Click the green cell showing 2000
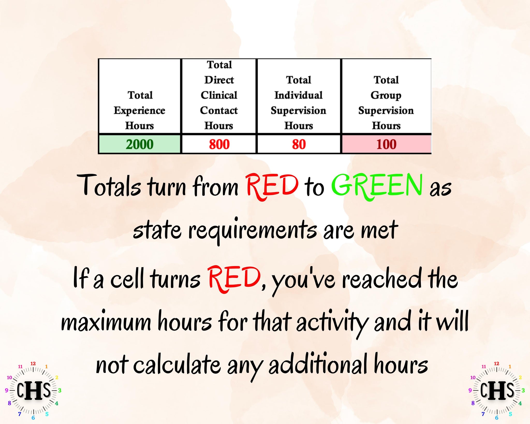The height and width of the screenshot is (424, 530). click(139, 144)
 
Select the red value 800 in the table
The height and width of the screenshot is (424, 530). click(219, 144)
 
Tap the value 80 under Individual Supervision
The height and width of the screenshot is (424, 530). click(299, 144)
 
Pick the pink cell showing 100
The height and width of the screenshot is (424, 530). click(387, 144)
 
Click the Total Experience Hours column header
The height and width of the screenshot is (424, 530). click(139, 110)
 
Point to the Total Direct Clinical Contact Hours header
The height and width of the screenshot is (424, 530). click(219, 95)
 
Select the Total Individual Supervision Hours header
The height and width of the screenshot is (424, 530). click(299, 103)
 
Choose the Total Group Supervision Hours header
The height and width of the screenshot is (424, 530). click(386, 103)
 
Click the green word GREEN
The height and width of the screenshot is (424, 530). click(377, 186)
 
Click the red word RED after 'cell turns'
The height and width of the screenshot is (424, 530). click(234, 279)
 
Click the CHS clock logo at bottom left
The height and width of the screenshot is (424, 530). click(33, 390)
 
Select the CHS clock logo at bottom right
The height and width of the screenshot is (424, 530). click(497, 390)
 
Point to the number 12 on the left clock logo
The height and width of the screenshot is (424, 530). click(33, 363)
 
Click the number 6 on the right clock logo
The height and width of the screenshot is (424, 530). click(497, 418)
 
